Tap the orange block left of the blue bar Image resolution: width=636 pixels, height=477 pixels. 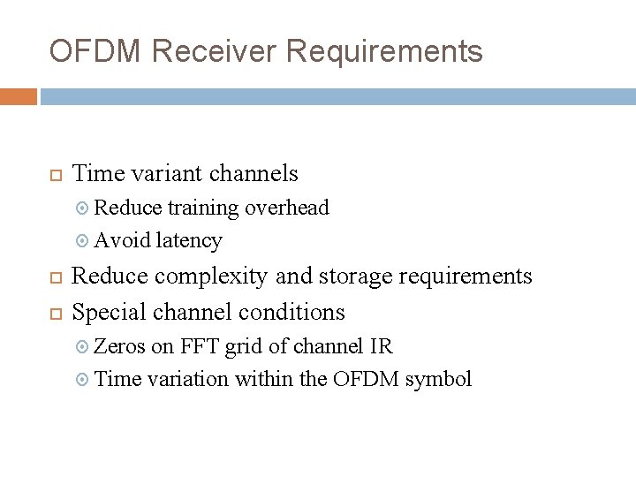pos(18,96)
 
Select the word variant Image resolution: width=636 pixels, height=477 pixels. pos(159,173)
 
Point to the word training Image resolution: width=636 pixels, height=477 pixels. pos(203,208)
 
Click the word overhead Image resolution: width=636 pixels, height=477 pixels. pos(287,208)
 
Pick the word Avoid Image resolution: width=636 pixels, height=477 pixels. pos(121,240)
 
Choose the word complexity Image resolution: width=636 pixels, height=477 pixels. pos(212,276)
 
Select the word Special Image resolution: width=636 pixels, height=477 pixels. pos(109,312)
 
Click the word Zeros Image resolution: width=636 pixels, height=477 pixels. pos(120,346)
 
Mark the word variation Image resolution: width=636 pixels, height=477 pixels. pos(188,380)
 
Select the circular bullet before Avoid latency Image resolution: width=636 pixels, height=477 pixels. pos(83,241)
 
